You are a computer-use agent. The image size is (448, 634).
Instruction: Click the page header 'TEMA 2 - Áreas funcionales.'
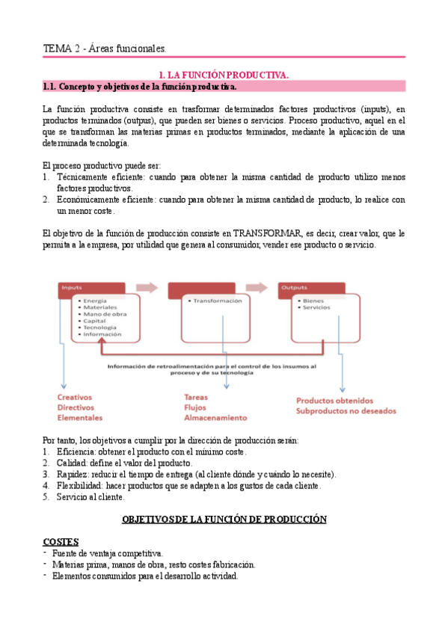pyautogui.click(x=105, y=49)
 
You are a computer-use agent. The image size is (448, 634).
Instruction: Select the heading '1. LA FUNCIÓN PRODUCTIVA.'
pyautogui.click(x=224, y=76)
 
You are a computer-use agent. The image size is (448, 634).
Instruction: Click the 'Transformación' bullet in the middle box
pyautogui.click(x=217, y=301)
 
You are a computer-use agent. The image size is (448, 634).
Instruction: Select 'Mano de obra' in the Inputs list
pyautogui.click(x=105, y=314)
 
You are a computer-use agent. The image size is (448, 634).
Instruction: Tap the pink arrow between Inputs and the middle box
pyautogui.click(x=148, y=287)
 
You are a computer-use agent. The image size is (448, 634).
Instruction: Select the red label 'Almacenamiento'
pyautogui.click(x=215, y=418)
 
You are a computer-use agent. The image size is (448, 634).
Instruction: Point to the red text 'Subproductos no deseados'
pyautogui.click(x=346, y=411)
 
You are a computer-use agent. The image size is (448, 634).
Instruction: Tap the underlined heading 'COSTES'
pyautogui.click(x=61, y=541)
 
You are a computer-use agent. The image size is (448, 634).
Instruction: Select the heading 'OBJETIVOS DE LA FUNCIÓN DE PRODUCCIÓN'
pyautogui.click(x=224, y=519)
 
